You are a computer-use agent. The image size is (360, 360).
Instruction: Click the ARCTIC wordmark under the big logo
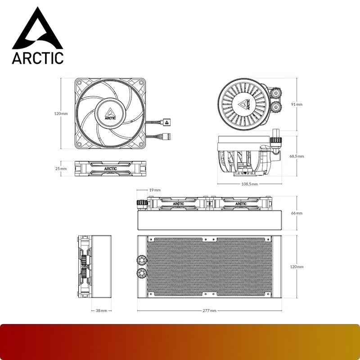coord(38,58)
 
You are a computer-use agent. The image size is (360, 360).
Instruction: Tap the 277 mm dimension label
coord(210,310)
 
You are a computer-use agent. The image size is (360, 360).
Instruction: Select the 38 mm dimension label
coord(101,310)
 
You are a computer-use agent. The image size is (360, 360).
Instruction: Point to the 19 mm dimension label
coord(154,190)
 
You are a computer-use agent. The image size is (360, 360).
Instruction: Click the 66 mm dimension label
coord(296,213)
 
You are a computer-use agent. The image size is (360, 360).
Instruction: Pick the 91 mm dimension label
coord(296,104)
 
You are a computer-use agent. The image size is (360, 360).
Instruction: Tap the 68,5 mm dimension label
coord(297,156)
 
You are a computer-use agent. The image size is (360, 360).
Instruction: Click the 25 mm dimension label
coord(61,169)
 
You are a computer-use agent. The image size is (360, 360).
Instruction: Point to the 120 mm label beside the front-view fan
coord(61,113)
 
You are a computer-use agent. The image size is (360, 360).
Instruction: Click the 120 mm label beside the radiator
coord(296,267)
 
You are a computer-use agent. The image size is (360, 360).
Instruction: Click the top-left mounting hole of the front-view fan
coord(79,83)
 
